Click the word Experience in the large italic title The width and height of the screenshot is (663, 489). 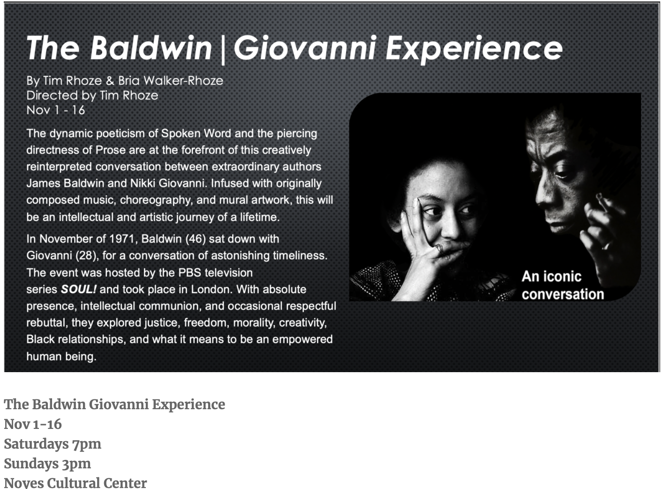474,49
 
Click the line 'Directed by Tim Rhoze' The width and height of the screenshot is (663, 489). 92,95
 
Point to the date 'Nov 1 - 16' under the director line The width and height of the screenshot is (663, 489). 56,110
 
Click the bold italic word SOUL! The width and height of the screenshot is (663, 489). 78,290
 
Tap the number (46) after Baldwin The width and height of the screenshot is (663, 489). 196,239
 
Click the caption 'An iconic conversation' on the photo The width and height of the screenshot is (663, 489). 562,285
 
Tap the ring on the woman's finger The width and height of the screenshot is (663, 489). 439,247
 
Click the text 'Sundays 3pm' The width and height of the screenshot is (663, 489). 47,464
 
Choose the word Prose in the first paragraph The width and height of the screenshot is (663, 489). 110,150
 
